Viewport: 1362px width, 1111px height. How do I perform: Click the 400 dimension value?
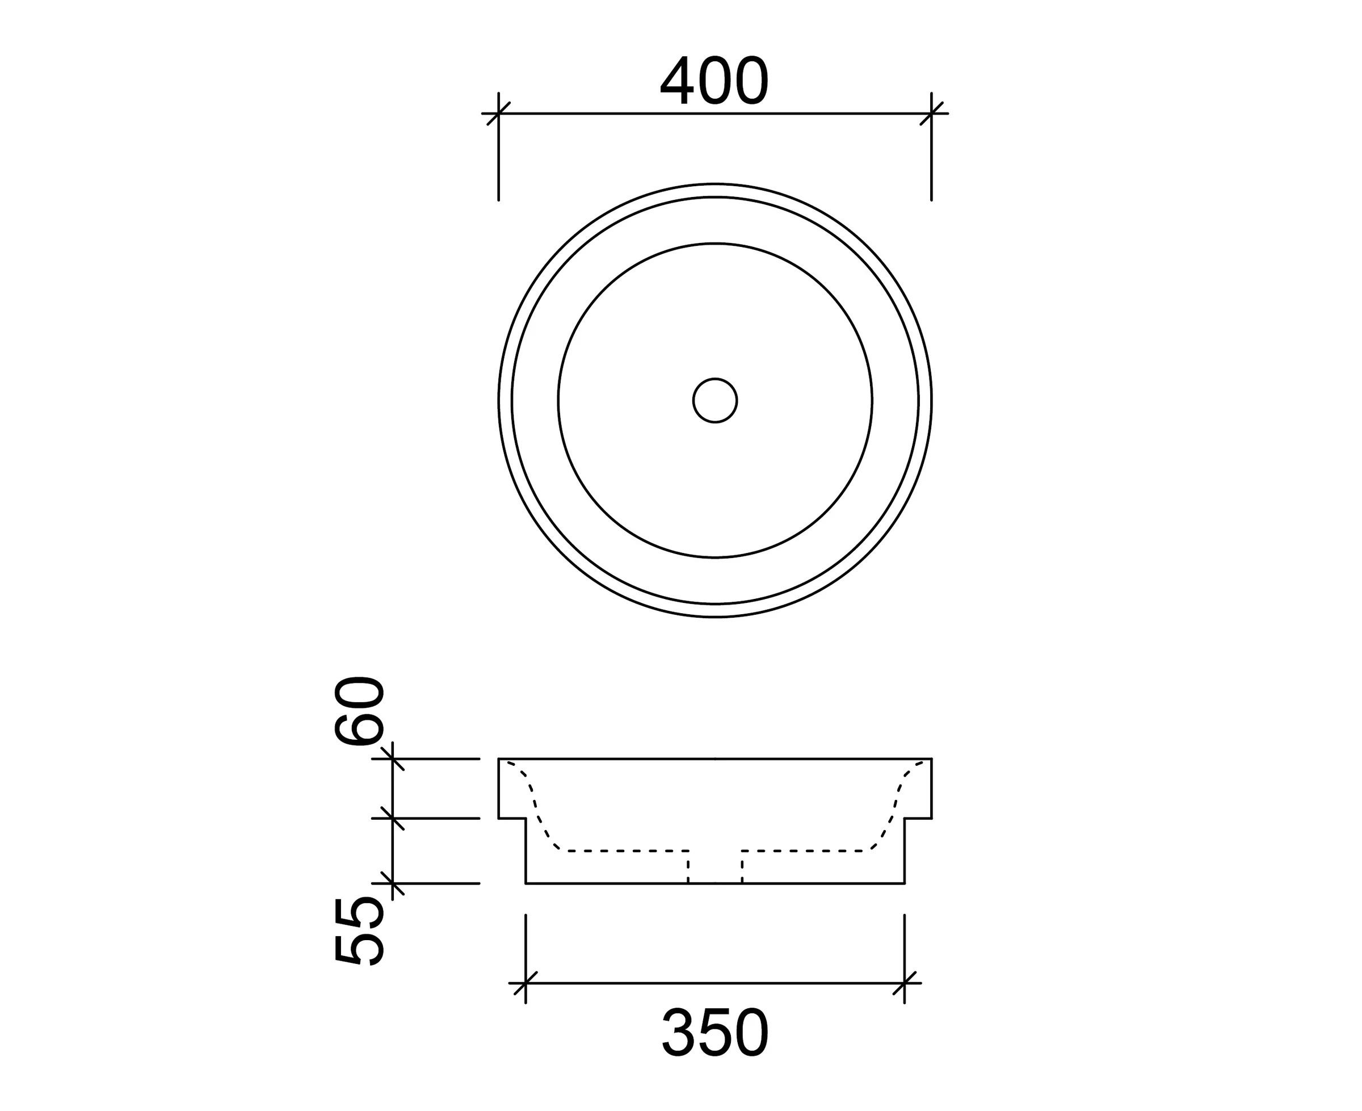[x=714, y=81]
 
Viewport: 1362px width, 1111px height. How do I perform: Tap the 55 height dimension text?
[x=360, y=930]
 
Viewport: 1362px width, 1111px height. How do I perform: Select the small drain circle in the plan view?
[x=714, y=401]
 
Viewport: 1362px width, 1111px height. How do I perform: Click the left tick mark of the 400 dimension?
[x=498, y=114]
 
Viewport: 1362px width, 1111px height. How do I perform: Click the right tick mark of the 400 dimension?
[x=931, y=114]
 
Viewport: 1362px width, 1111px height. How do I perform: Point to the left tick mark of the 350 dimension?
[x=526, y=983]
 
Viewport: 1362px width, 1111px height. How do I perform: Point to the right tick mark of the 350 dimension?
[x=904, y=983]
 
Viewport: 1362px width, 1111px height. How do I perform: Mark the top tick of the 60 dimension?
[x=392, y=758]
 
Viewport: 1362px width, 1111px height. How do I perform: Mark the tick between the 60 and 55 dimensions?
[x=392, y=818]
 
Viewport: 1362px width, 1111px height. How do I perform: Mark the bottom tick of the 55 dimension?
[x=392, y=883]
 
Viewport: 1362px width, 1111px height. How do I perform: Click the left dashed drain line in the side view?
[x=688, y=867]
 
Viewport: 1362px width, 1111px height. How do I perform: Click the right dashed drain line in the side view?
[x=742, y=867]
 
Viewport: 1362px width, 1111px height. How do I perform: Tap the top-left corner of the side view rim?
[x=499, y=759]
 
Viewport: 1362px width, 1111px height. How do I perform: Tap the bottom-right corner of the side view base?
[x=904, y=883]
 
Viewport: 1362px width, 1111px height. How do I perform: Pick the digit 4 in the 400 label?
[x=675, y=81]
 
